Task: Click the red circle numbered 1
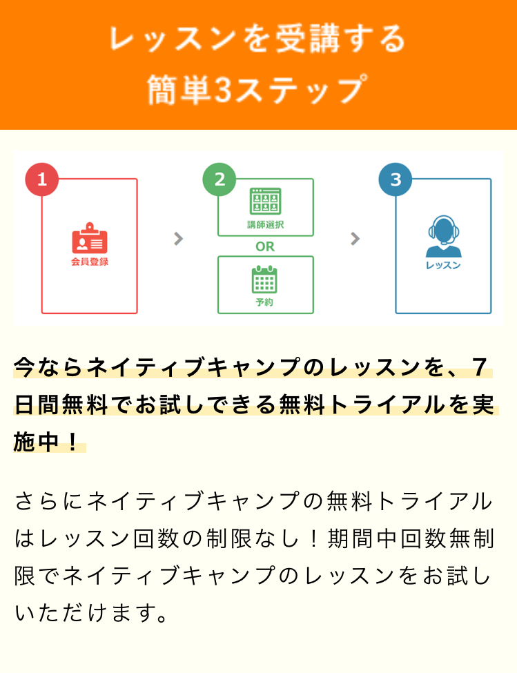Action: (x=42, y=179)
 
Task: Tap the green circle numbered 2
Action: (x=220, y=179)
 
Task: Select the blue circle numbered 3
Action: (x=395, y=179)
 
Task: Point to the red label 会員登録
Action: (x=89, y=262)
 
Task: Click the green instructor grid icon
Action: (x=266, y=201)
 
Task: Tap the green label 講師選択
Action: (x=266, y=224)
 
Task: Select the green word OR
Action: (x=265, y=246)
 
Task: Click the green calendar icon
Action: (x=264, y=279)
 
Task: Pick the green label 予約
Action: (x=264, y=302)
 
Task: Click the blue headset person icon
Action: (x=444, y=236)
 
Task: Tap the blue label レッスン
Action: (x=443, y=265)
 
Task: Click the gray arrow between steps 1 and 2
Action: (x=179, y=239)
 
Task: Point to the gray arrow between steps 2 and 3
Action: (x=355, y=239)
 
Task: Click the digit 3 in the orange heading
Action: (x=222, y=90)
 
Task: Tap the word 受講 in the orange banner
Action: (x=307, y=39)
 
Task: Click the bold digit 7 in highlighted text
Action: (x=479, y=367)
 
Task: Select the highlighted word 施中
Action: (x=36, y=442)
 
